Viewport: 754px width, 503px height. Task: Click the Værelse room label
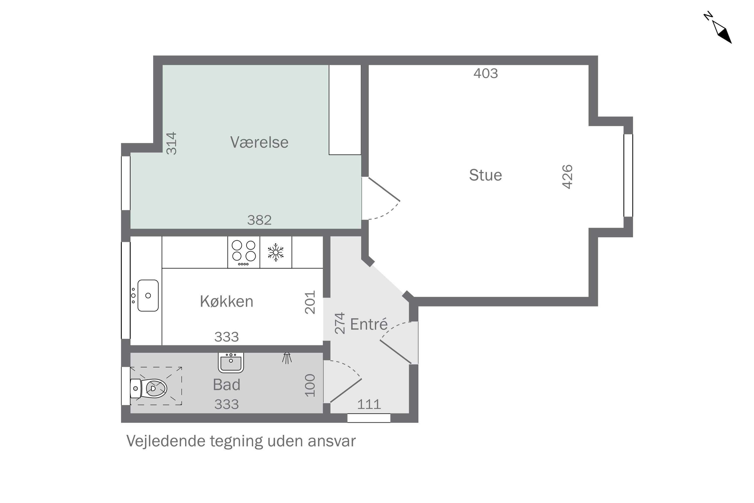[259, 142]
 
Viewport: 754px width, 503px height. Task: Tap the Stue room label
[485, 175]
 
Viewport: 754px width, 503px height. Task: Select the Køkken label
[226, 301]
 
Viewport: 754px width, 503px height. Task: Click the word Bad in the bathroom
[226, 385]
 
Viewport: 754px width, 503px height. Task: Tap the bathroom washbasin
[231, 362]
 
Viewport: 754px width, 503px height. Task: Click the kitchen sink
[148, 296]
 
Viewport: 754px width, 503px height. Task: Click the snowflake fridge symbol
[276, 252]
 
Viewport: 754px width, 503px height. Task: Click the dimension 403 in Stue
[485, 73]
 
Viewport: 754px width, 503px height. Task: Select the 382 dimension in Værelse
[259, 220]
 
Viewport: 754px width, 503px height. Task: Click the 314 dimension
[171, 143]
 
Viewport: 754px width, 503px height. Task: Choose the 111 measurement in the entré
[369, 404]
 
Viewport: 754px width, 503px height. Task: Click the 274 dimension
[340, 323]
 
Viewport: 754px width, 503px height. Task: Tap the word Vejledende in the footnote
[166, 441]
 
